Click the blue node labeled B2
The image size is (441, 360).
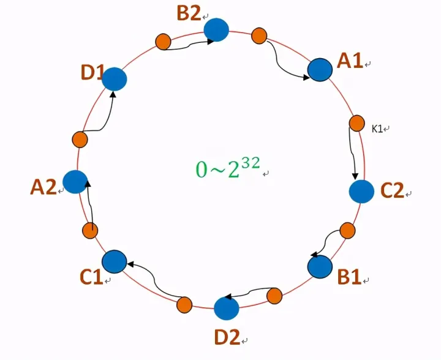click(216, 30)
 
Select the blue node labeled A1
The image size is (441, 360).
click(320, 70)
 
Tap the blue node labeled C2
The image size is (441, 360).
click(361, 192)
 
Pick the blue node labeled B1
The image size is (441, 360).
click(320, 267)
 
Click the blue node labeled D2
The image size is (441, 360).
click(227, 309)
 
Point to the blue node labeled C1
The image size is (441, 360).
click(114, 261)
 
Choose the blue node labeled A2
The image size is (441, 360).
click(75, 182)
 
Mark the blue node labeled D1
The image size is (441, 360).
click(114, 79)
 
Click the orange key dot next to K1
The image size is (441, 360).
click(357, 123)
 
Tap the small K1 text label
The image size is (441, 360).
click(377, 129)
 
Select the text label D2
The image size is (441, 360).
click(227, 337)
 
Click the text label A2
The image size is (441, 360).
click(43, 187)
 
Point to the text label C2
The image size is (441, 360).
click(392, 190)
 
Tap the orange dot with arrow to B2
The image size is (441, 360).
click(163, 42)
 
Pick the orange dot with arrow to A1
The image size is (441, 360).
click(259, 36)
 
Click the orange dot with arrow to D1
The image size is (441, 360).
click(80, 140)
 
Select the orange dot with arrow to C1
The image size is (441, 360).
click(184, 305)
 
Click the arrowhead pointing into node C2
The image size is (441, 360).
click(355, 176)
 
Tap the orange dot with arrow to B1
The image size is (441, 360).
click(348, 230)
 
